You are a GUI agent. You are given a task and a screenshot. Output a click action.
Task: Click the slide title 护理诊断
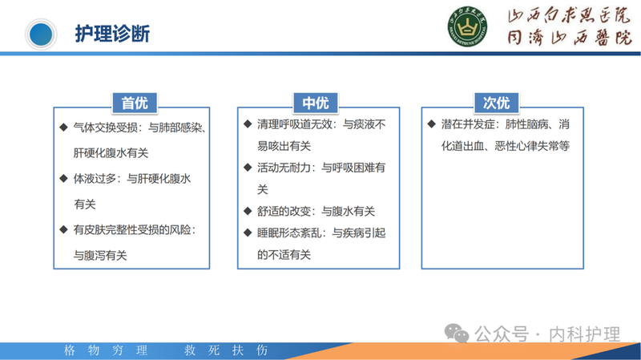(111, 34)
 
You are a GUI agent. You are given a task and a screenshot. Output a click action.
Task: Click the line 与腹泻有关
(100, 255)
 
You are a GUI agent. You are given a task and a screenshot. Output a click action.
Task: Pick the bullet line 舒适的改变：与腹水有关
(316, 211)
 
